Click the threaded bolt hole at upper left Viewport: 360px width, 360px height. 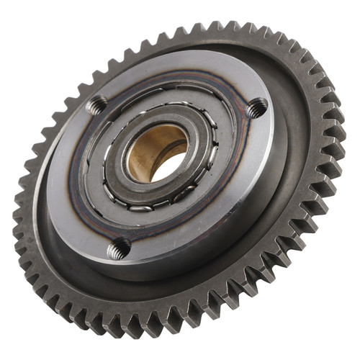97,107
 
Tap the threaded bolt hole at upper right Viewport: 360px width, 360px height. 256,107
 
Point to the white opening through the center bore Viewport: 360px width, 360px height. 167,166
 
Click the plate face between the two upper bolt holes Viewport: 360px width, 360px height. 176,79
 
